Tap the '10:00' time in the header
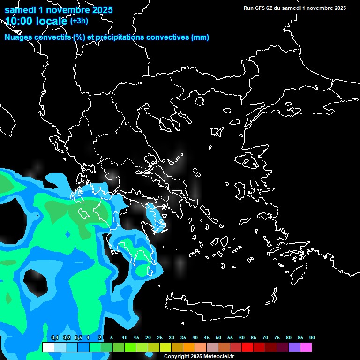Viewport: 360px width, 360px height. click(19, 21)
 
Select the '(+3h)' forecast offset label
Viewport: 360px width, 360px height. click(78, 21)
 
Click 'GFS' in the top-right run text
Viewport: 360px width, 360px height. click(261, 8)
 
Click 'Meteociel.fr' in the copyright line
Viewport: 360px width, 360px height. click(218, 356)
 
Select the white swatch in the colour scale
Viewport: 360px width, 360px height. click(48, 347)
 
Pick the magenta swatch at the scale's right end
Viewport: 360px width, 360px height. click(306, 347)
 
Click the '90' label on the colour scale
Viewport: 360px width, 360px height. click(312, 337)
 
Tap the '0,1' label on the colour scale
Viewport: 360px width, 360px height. click(54, 337)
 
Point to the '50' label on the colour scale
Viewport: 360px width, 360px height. click(218, 337)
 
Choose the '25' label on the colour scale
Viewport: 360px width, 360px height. click(160, 337)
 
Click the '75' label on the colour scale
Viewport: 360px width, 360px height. click(277, 337)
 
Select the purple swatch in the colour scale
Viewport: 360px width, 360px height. click(294, 347)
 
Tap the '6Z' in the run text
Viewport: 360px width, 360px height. click(270, 8)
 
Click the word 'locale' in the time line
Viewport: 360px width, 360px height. click(51, 21)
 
